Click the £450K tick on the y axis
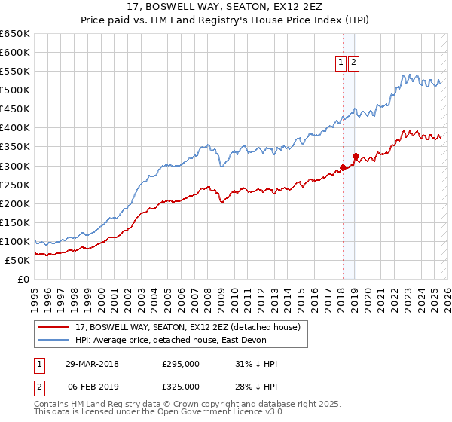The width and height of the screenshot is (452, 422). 15,109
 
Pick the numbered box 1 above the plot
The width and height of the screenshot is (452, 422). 341,63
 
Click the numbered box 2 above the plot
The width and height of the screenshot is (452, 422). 353,63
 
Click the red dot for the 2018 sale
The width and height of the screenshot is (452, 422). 343,167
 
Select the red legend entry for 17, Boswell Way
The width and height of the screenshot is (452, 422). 188,327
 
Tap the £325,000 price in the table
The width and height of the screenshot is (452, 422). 181,386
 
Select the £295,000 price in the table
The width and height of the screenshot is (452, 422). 181,364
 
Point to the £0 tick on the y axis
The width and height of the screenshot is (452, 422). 23,279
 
